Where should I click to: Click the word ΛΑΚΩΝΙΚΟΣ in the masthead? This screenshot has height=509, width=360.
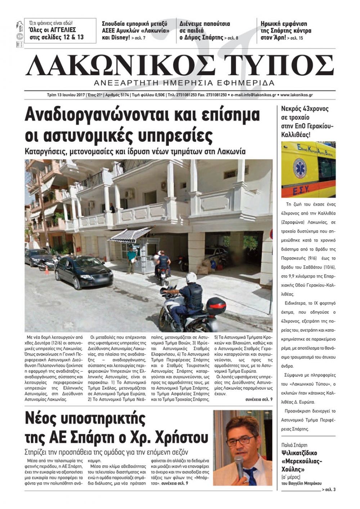tap(115, 66)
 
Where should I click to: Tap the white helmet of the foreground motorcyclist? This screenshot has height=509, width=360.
tap(191, 277)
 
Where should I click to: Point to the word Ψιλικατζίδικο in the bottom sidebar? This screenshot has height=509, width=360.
tap(299, 453)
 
